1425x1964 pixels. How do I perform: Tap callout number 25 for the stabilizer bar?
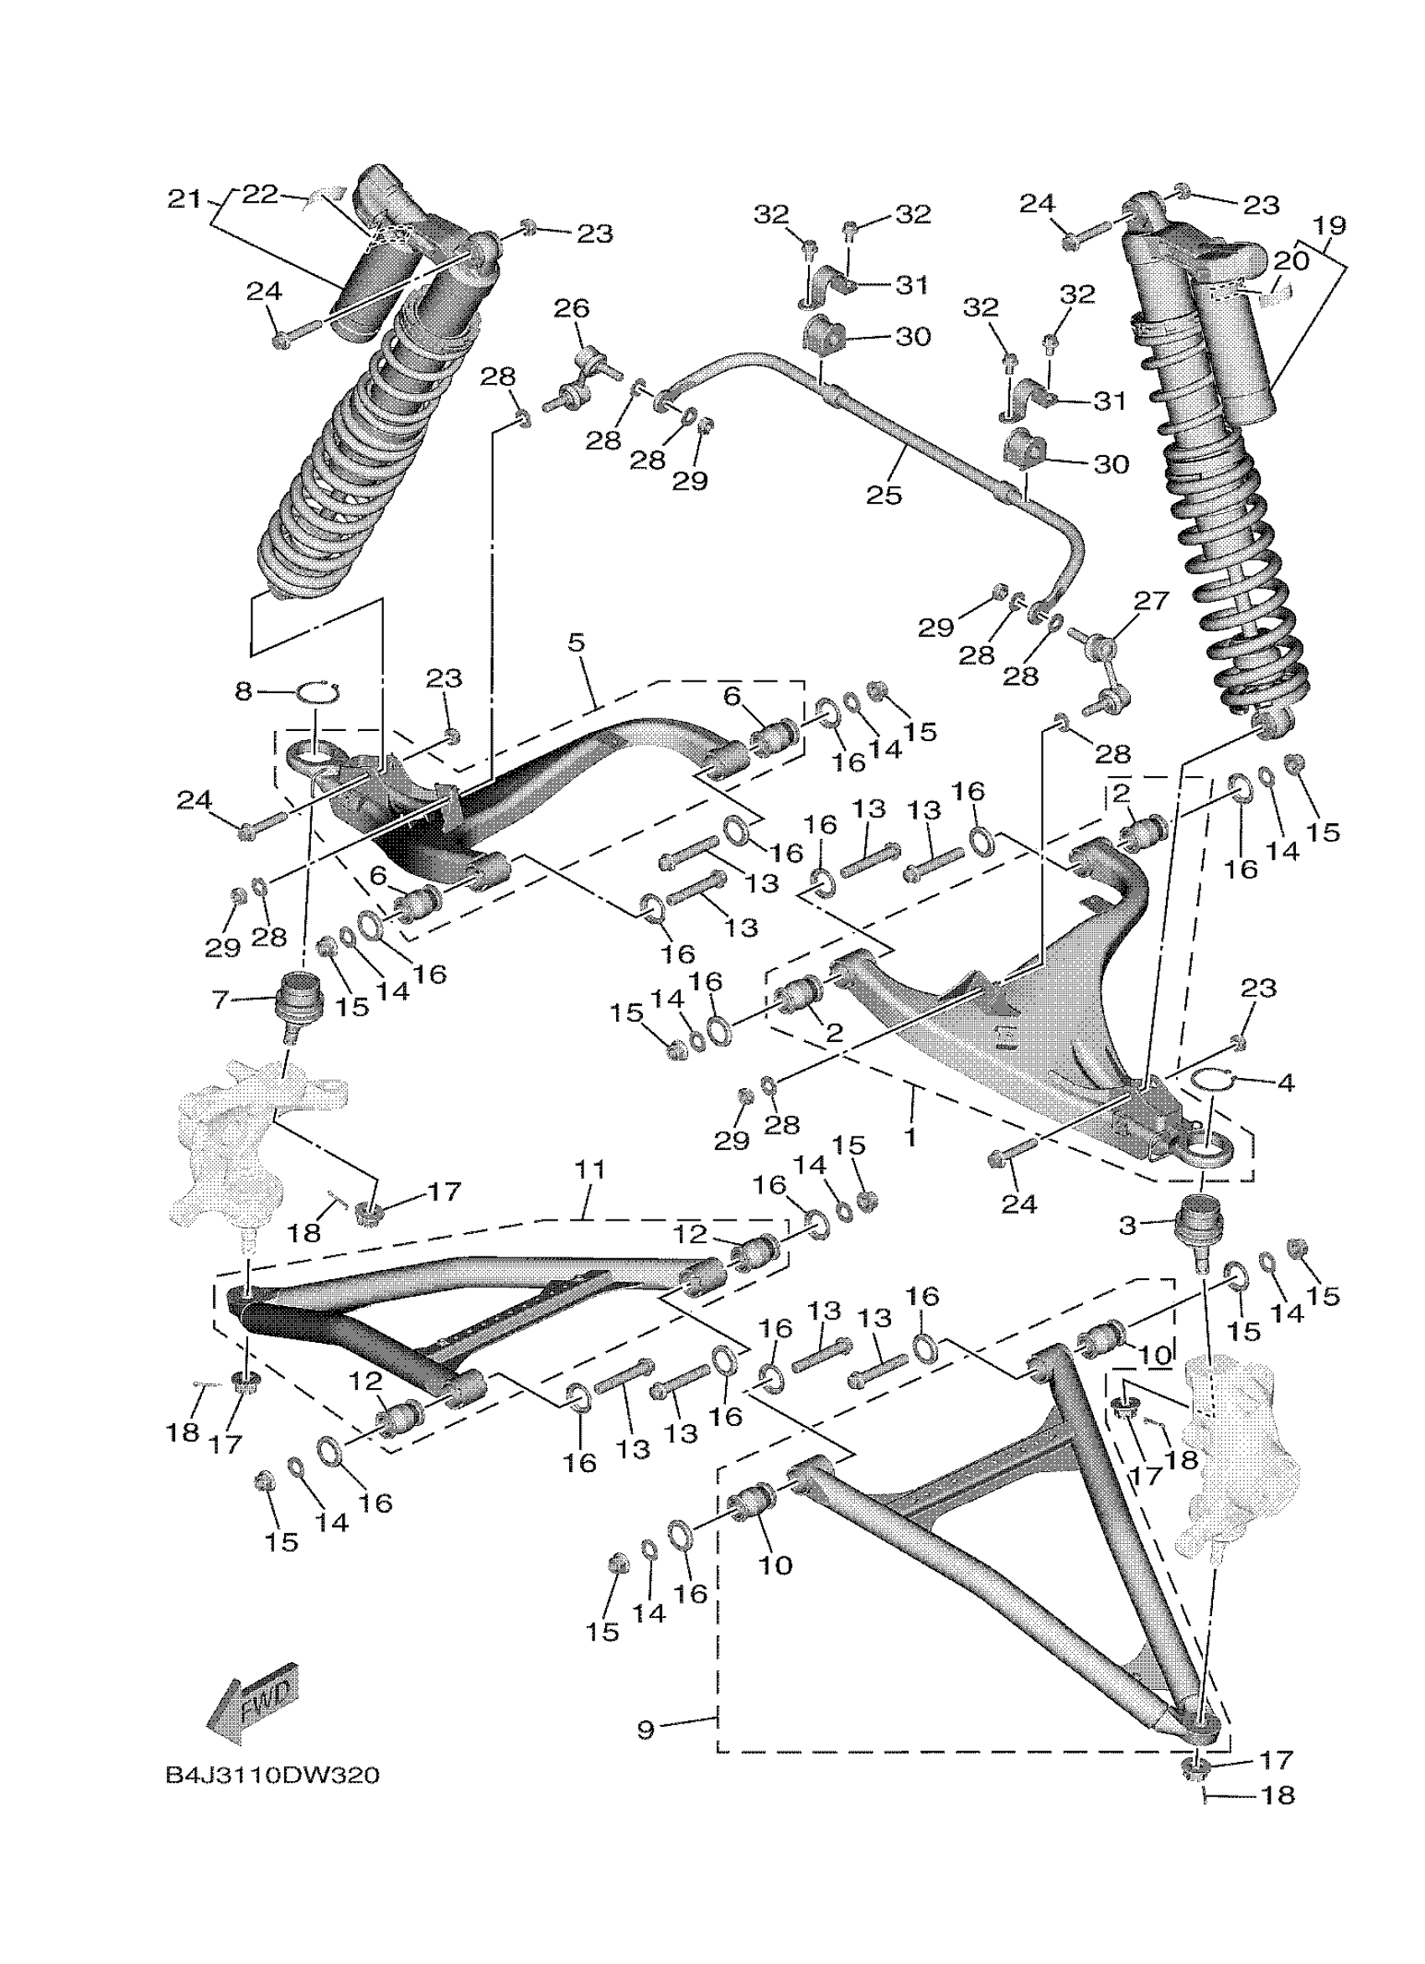pos(883,495)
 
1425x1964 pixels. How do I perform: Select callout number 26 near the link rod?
pos(572,308)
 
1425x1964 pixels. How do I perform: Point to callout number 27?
pos(1152,600)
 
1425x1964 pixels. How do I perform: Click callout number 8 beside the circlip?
pos(243,690)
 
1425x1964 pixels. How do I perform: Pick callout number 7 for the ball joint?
pos(220,1000)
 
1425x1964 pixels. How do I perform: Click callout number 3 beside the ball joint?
pos(1127,1225)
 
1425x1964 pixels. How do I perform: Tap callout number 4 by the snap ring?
pos(1286,1082)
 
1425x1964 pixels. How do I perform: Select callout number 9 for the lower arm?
pos(645,1730)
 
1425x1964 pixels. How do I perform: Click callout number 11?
pos(589,1170)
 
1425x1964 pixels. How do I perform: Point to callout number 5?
pos(577,643)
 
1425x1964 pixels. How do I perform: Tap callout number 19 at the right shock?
pos(1329,226)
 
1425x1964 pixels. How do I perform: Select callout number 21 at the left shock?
pos(183,200)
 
